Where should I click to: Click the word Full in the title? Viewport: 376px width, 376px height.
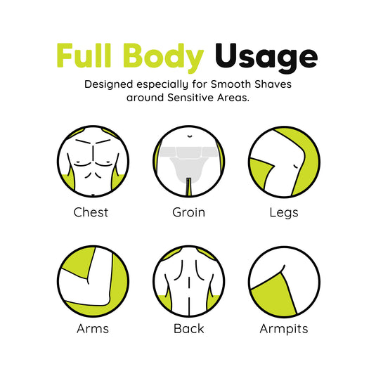[x=84, y=56]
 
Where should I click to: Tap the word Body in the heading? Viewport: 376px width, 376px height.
[x=163, y=58]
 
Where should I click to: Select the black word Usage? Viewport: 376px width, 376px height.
[x=266, y=58]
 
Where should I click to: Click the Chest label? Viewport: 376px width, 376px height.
[x=91, y=212]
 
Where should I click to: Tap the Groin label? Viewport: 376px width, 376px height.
[x=189, y=212]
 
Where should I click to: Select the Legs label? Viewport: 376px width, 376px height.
[x=284, y=213]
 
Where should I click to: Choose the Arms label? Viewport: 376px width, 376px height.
[x=93, y=329]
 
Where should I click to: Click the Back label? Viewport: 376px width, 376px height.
[x=189, y=329]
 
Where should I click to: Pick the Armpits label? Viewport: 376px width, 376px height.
[x=284, y=329]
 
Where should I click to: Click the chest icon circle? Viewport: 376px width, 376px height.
[x=93, y=161]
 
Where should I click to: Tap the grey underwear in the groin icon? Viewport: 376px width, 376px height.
[x=189, y=164]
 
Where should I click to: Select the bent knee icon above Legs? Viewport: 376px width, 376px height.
[x=285, y=162]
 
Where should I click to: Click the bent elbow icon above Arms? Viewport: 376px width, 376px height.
[x=93, y=281]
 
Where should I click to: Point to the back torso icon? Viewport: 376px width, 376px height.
[x=189, y=281]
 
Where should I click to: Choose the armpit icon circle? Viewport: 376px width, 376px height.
[x=285, y=282]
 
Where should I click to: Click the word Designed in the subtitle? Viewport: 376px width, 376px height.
[x=109, y=85]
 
